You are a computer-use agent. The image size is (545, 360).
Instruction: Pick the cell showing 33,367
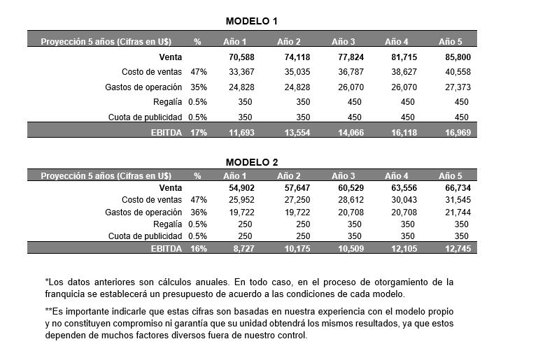242,72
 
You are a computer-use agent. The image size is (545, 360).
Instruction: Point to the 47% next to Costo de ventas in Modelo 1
197,72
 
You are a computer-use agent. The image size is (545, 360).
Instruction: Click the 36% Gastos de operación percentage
197,212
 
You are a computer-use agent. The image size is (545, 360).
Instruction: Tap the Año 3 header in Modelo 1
343,41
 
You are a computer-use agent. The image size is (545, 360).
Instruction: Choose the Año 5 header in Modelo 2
451,175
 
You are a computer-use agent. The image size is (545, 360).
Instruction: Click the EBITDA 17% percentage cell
197,132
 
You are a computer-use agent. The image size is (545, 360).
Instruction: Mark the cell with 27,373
458,87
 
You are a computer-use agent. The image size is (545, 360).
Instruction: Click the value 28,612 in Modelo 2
350,200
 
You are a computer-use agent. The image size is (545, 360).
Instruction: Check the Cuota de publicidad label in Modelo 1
146,117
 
